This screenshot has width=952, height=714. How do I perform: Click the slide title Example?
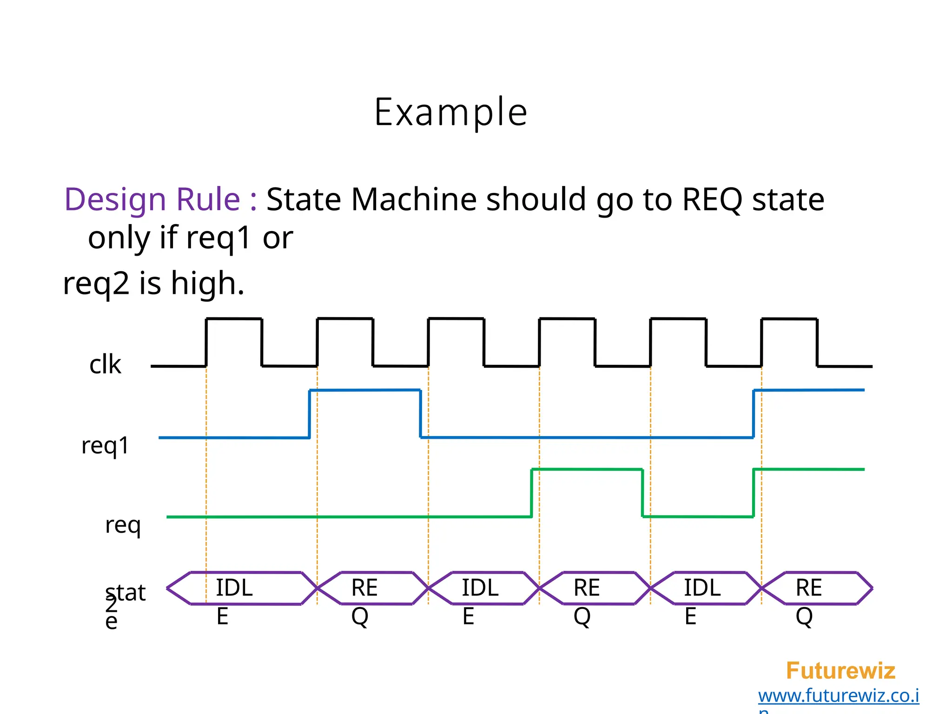click(450, 112)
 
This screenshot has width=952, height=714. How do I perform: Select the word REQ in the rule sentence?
click(712, 199)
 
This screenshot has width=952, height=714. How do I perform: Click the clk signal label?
click(105, 364)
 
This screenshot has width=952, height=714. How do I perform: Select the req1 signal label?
click(105, 445)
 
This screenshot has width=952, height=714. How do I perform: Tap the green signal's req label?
click(123, 525)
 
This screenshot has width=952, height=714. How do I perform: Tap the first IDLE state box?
click(234, 588)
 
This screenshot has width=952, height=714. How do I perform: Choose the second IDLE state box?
click(480, 588)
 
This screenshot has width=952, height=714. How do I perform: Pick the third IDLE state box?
click(702, 588)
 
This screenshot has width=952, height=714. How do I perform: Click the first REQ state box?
click(364, 588)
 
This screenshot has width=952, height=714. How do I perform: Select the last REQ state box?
click(809, 588)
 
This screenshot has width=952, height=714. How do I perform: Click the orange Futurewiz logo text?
click(840, 671)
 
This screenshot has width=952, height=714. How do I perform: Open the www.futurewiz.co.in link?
click(838, 696)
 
